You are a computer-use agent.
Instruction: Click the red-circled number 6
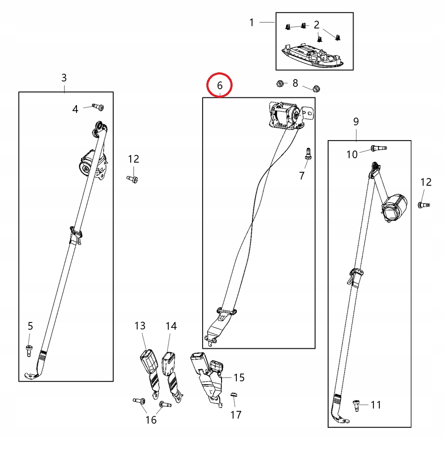219,85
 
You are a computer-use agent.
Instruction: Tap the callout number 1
252,22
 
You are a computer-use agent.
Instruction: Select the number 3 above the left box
64,78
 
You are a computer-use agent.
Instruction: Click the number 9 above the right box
356,122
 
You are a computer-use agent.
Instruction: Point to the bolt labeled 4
99,107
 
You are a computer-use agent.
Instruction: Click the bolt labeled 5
29,350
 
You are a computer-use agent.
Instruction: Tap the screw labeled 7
307,154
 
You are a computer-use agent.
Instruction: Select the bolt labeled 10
378,148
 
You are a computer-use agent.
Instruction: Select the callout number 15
239,377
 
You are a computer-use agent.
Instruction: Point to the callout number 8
295,83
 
